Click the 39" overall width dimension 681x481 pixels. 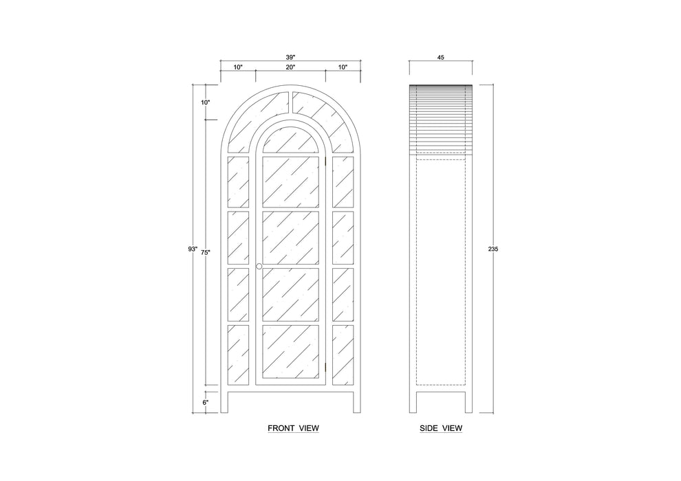coord(290,57)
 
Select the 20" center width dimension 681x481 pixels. coord(290,67)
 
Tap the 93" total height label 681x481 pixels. coord(193,249)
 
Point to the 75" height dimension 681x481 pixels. coord(206,252)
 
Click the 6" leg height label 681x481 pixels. coord(206,402)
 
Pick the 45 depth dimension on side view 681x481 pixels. coord(441,57)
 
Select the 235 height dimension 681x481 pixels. coord(493,249)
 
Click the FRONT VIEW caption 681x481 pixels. coord(293,429)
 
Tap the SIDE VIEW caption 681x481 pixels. coord(441,429)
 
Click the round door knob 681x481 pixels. coord(259,266)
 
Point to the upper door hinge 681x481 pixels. coord(326,161)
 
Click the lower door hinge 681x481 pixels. coord(326,368)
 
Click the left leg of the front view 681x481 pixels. coord(224,403)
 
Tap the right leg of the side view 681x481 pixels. coord(468,403)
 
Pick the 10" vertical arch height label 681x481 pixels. coord(206,102)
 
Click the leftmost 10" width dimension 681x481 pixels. coord(238,67)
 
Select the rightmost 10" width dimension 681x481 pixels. coord(343,67)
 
